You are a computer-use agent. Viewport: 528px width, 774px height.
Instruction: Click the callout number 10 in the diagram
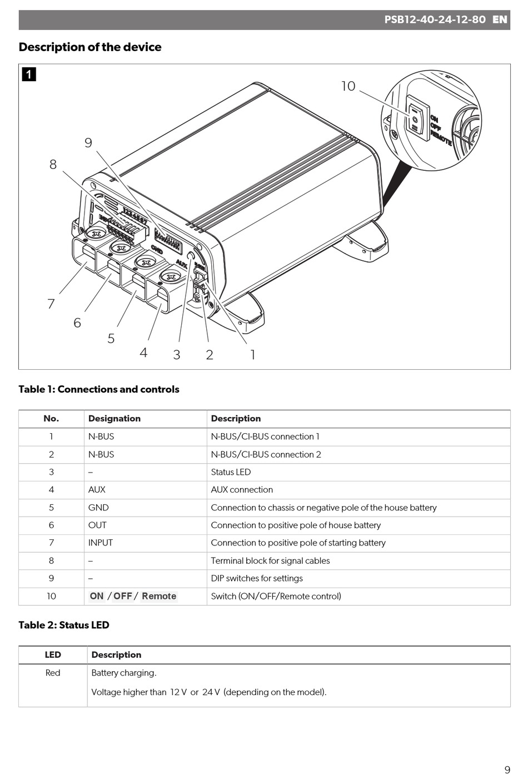pyautogui.click(x=348, y=86)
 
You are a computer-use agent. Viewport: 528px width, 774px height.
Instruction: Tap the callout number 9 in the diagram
pyautogui.click(x=88, y=143)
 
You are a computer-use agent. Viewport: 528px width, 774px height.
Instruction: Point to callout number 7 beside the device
pyautogui.click(x=51, y=304)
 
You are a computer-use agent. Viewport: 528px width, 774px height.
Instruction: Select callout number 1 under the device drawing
pyautogui.click(x=253, y=355)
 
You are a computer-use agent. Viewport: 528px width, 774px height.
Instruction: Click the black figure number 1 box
pyautogui.click(x=29, y=74)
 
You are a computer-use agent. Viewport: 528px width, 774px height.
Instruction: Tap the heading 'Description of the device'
pyautogui.click(x=90, y=47)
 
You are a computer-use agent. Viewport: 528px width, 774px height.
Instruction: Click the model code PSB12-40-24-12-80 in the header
pyautogui.click(x=435, y=19)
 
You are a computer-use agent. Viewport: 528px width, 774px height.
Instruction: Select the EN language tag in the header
pyautogui.click(x=500, y=19)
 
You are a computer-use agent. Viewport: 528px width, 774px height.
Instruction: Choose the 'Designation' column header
pyautogui.click(x=114, y=419)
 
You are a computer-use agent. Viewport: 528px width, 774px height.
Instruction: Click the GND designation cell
pyautogui.click(x=98, y=508)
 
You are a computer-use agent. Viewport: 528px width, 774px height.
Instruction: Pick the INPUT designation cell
pyautogui.click(x=101, y=543)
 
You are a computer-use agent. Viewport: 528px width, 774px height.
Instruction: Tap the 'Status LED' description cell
pyautogui.click(x=231, y=472)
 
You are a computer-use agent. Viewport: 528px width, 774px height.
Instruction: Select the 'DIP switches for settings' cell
pyautogui.click(x=257, y=578)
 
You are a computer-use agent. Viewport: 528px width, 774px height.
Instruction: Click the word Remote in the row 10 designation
pyautogui.click(x=159, y=596)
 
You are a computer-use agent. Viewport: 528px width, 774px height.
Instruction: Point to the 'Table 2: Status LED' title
pyautogui.click(x=64, y=625)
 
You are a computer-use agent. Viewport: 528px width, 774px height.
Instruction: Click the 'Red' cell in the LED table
pyautogui.click(x=53, y=673)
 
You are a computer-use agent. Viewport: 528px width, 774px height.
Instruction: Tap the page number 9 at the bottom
pyautogui.click(x=507, y=770)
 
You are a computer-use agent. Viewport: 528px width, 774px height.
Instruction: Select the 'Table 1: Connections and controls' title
pyautogui.click(x=99, y=389)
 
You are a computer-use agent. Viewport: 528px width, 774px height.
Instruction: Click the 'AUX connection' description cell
pyautogui.click(x=242, y=490)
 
